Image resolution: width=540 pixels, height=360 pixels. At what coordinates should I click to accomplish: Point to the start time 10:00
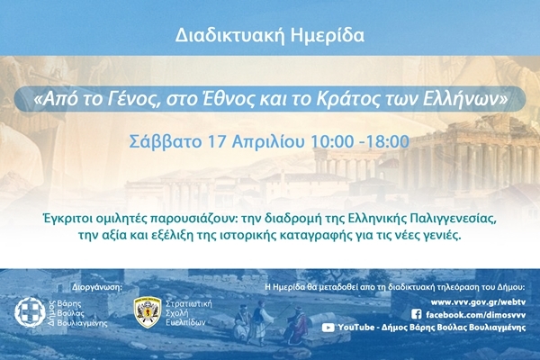333,141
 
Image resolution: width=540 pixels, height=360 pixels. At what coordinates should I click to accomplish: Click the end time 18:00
389,141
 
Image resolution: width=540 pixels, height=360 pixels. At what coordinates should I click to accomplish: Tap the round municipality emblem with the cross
29,311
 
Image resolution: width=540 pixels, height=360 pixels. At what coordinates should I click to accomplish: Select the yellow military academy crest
147,312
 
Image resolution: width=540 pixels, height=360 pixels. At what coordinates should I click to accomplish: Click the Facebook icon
416,314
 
